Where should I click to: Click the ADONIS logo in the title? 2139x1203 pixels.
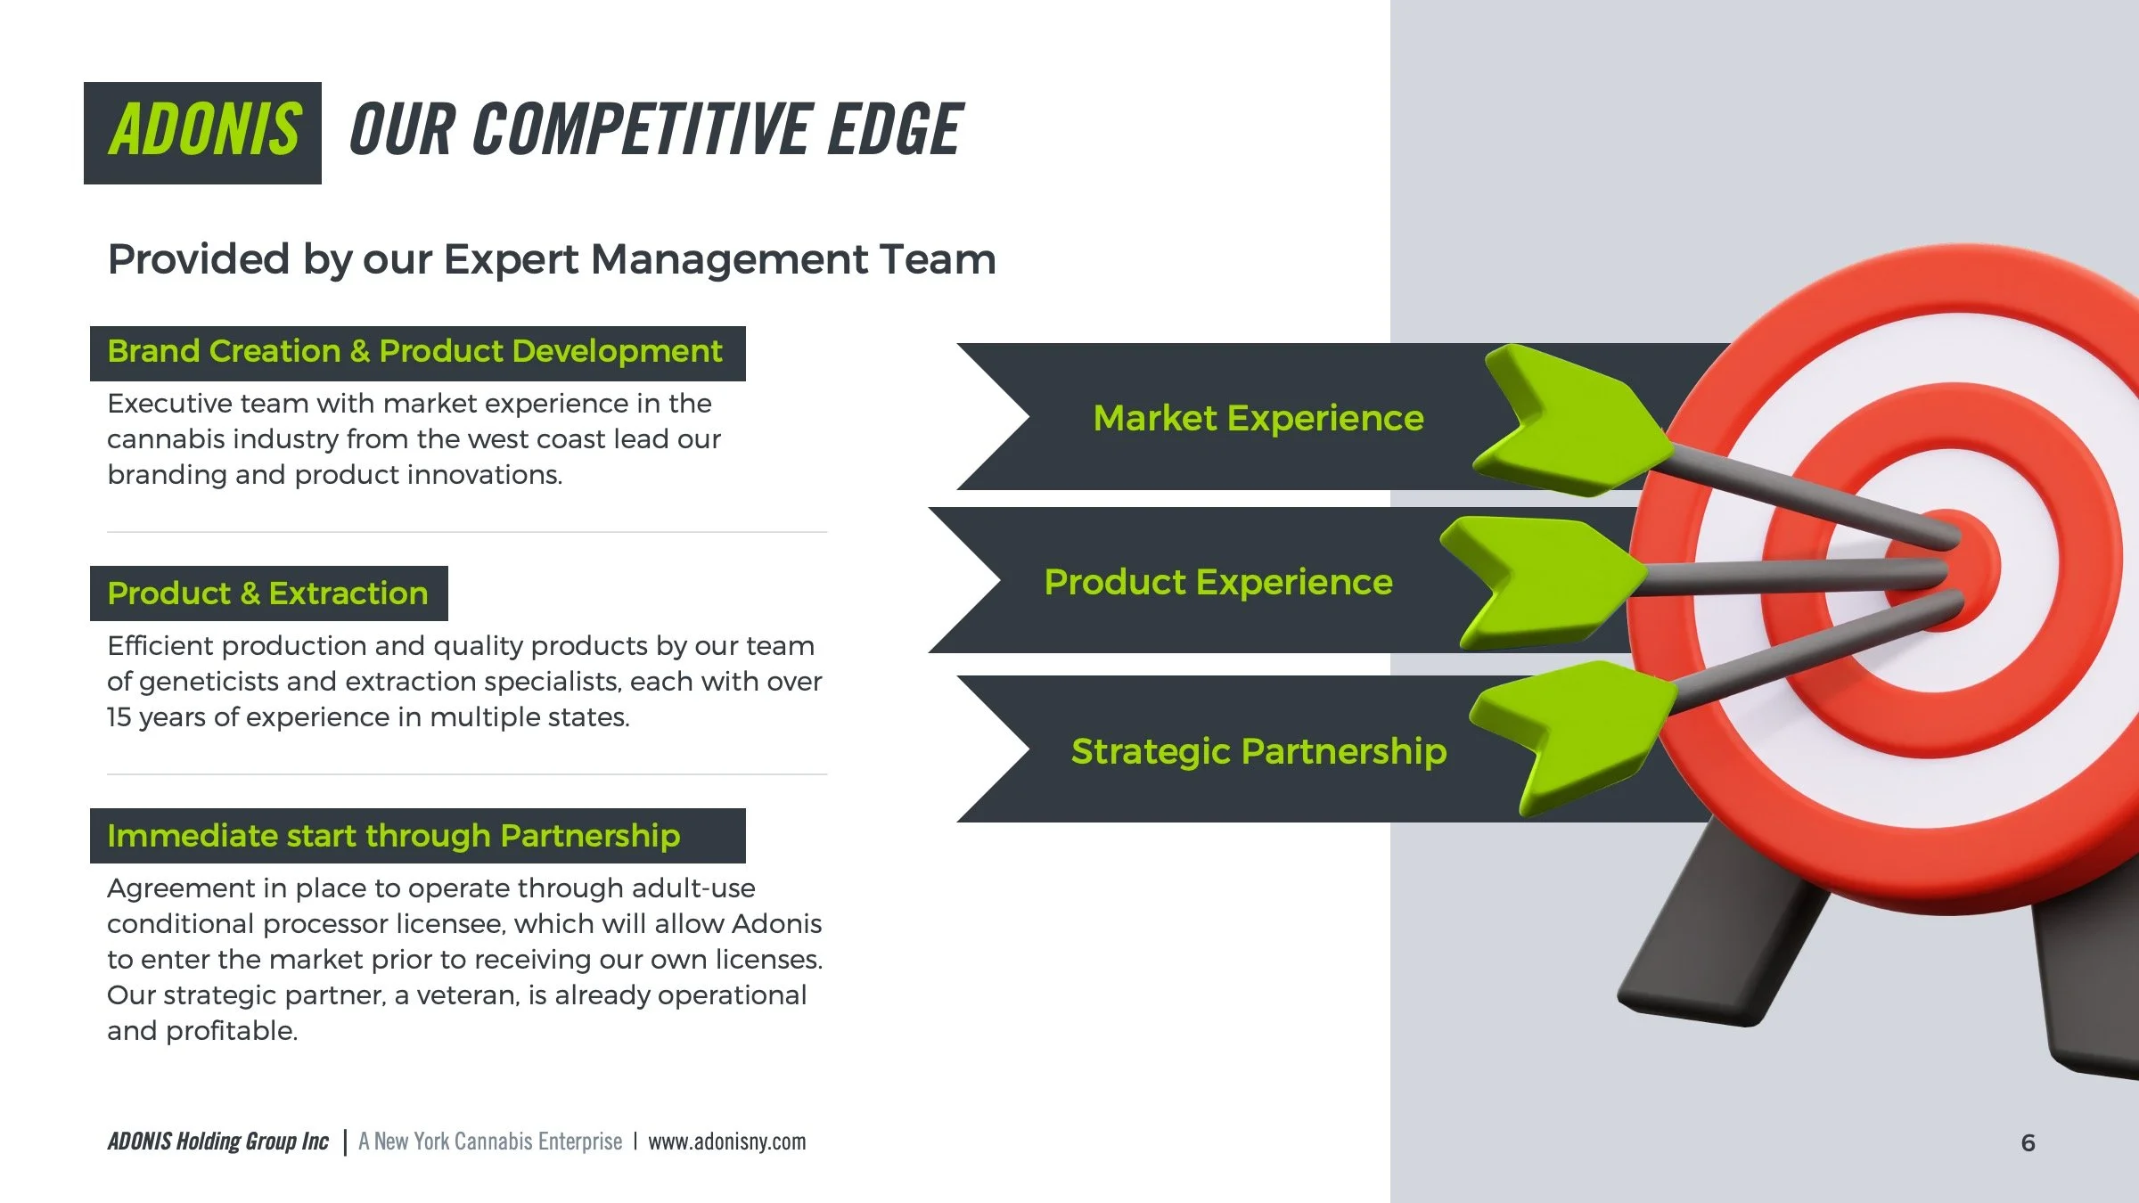tap(203, 132)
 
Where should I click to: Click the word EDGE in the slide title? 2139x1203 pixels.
tap(895, 130)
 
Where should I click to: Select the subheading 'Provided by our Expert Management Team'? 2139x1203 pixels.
tap(551, 259)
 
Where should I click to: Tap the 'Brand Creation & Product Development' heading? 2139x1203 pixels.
tap(415, 352)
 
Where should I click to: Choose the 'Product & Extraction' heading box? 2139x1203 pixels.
tap(268, 593)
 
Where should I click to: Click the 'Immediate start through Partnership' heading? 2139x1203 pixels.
tap(394, 836)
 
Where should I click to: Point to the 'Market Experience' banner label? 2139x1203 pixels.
tap(1258, 418)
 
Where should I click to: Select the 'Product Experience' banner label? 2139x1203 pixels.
tap(1218, 582)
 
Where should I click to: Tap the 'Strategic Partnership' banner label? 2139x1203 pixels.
tap(1258, 751)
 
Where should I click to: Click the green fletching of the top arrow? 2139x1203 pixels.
tap(1573, 419)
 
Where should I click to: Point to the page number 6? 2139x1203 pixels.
tap(2028, 1142)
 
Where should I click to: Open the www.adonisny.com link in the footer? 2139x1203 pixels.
tap(726, 1142)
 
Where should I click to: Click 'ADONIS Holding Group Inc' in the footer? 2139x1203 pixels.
tap(218, 1142)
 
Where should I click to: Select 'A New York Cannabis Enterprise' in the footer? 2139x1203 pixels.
tap(490, 1142)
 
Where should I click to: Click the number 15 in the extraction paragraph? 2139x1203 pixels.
tap(119, 717)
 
